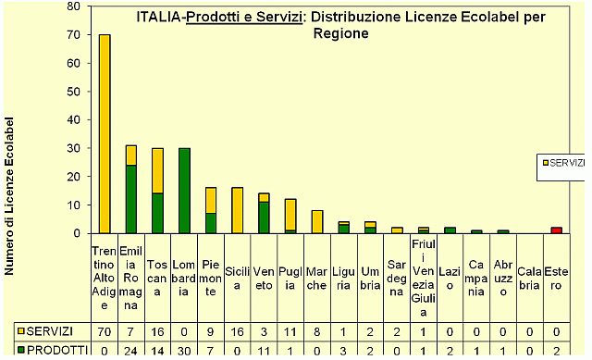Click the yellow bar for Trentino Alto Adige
pos(105,134)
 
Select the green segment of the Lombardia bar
pos(184,191)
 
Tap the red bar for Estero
pos(557,230)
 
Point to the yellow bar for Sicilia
pos(237,210)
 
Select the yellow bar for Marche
pos(316,221)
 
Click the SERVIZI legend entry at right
pos(562,162)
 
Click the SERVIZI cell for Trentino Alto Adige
pos(104,331)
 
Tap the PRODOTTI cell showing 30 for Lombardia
pos(184,350)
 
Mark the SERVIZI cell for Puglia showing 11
pos(290,331)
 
